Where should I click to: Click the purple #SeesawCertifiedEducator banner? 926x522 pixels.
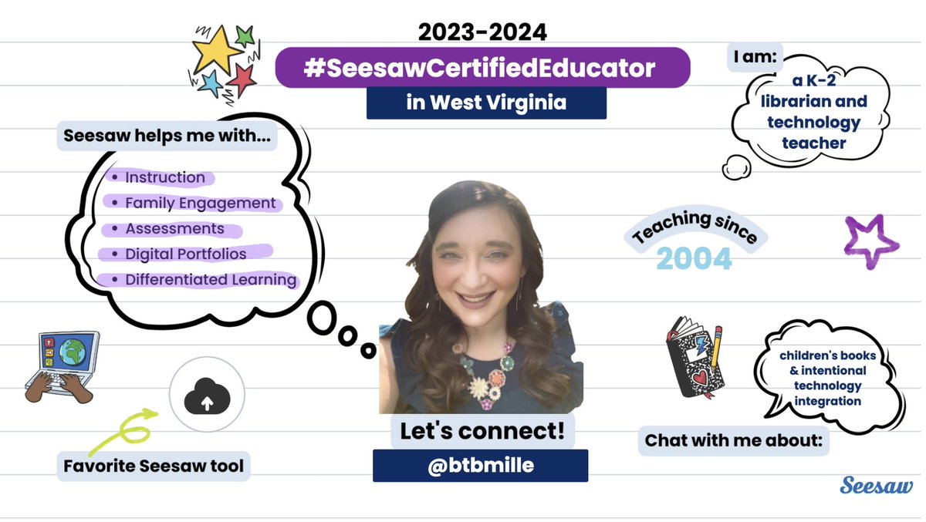coord(482,68)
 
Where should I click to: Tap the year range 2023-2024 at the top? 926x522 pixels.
coord(482,32)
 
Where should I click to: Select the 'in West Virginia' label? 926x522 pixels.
coord(486,103)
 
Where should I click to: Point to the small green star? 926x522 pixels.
coord(245,35)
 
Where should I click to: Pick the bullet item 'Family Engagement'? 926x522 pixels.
coord(200,204)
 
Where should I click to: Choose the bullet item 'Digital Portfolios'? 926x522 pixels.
coord(185,254)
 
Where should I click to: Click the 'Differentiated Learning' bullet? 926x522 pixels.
coord(211,279)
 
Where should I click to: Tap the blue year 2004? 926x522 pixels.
coord(694,259)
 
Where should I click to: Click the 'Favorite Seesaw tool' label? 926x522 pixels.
coord(154,466)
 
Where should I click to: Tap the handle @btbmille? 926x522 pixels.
coord(480,466)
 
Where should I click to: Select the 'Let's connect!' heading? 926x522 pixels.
coord(482,432)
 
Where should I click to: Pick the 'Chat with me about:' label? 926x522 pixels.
coord(732,441)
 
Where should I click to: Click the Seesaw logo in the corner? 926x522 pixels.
coord(876,486)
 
